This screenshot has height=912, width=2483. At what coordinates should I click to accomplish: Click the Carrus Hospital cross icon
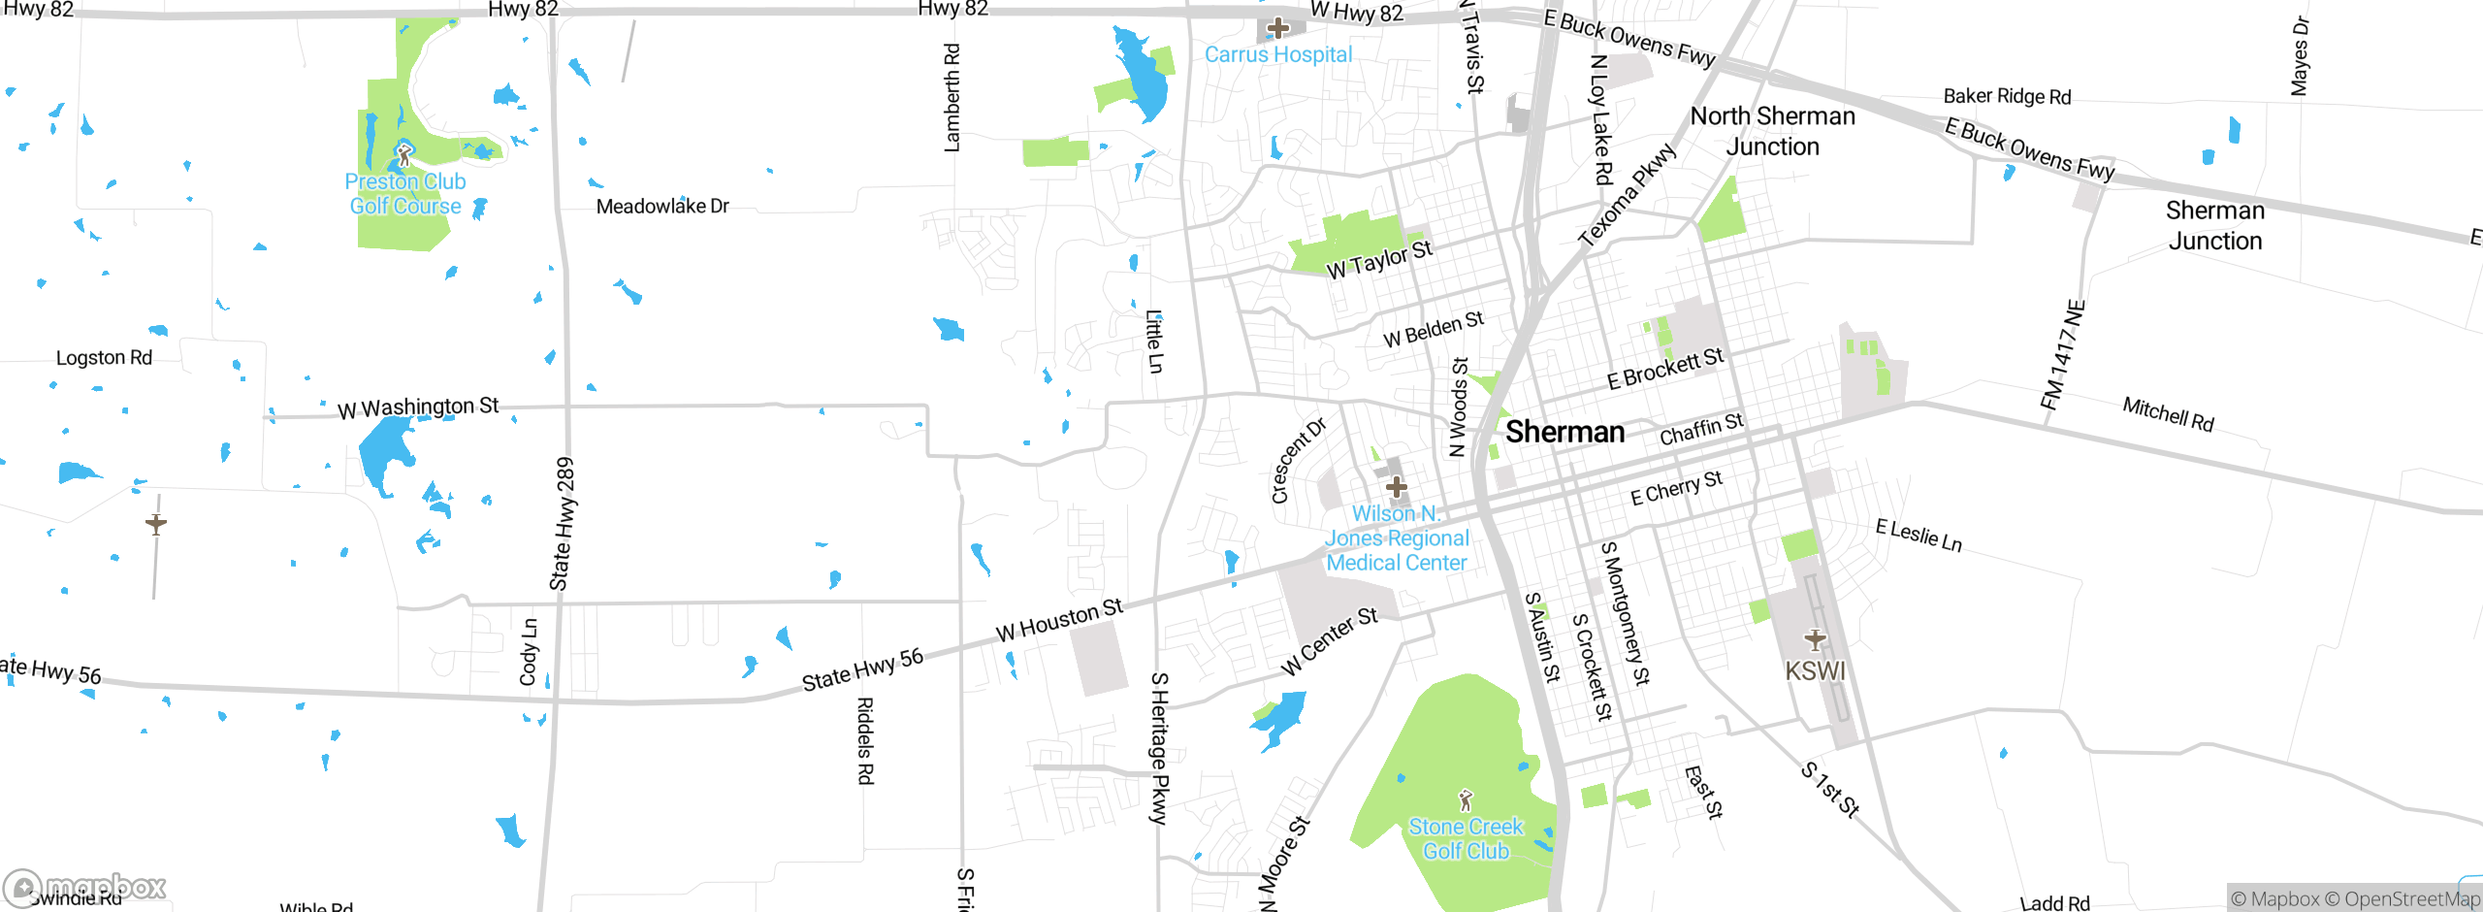(x=1277, y=27)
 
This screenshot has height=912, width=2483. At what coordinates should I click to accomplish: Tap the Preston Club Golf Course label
(x=405, y=194)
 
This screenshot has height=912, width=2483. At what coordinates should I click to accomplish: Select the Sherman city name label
(x=1564, y=432)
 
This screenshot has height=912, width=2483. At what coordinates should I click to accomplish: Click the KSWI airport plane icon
(x=1815, y=639)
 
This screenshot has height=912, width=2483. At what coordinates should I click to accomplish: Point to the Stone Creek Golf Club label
(x=1466, y=839)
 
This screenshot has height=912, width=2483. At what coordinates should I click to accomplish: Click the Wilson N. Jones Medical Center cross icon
(x=1396, y=486)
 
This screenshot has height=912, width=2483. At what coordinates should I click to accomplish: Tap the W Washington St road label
(x=418, y=407)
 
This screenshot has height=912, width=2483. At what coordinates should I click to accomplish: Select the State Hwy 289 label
(x=563, y=524)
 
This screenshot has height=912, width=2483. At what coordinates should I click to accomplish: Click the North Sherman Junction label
(x=1772, y=131)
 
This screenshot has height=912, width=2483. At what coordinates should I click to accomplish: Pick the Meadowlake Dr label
(x=662, y=206)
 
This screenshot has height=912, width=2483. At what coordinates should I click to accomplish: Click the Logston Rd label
(x=104, y=357)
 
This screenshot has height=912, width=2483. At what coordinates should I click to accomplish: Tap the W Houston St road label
(x=1059, y=619)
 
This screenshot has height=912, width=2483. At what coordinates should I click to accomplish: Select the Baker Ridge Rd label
(x=2007, y=96)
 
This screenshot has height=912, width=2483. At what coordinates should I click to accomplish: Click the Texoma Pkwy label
(x=1627, y=195)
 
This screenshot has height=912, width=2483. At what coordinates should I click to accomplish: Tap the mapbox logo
(x=85, y=887)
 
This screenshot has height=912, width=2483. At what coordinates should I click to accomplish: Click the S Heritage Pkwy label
(x=1159, y=747)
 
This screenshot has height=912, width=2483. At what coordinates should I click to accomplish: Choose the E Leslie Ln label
(x=1919, y=536)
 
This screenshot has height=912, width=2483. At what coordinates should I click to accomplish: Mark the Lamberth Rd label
(x=952, y=97)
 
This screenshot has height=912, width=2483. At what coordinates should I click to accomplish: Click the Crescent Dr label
(x=1298, y=461)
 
